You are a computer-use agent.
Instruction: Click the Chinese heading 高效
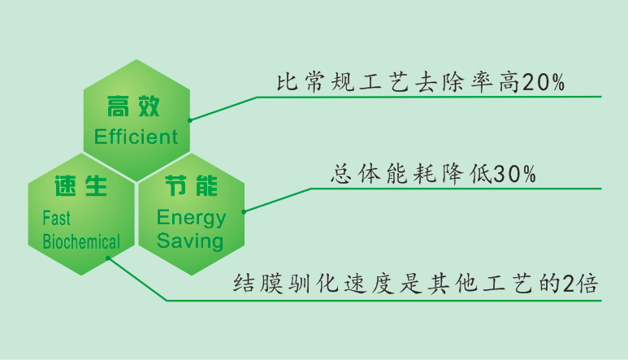[x=135, y=106]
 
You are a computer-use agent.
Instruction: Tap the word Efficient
[x=136, y=136]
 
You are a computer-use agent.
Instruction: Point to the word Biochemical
[x=81, y=241]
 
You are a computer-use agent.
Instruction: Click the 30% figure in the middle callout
[x=515, y=176]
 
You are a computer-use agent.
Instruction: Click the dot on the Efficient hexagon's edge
[x=190, y=120]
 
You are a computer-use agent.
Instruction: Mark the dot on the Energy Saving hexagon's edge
[x=245, y=211]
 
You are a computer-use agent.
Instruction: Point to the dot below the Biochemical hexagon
[x=107, y=259]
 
